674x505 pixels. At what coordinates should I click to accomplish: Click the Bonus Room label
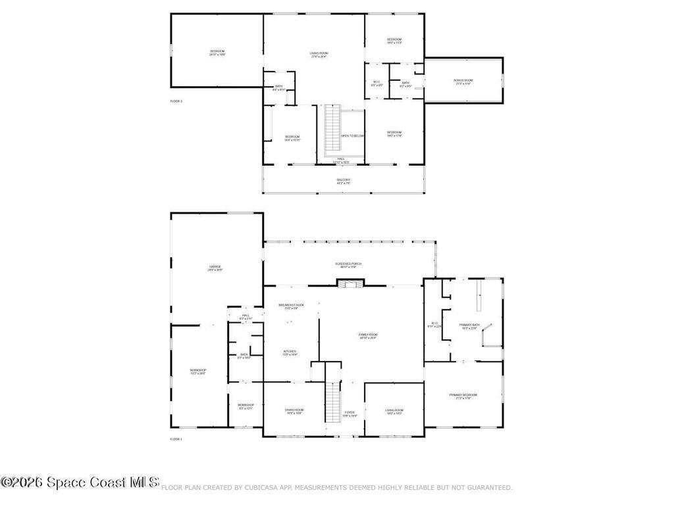click(463, 82)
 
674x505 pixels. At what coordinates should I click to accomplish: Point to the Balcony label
click(344, 181)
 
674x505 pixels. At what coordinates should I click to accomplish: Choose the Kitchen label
click(290, 352)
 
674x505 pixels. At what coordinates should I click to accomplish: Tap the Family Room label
click(368, 336)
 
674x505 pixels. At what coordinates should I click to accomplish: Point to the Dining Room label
click(294, 412)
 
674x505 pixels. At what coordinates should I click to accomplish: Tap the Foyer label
click(350, 414)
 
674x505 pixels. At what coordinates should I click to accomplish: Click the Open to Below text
click(352, 136)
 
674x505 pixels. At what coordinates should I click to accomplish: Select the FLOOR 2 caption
click(176, 101)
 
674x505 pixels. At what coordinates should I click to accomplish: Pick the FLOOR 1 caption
click(176, 439)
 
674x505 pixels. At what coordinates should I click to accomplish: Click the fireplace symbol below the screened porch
click(349, 283)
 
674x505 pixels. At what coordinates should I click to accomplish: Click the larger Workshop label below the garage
click(198, 372)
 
